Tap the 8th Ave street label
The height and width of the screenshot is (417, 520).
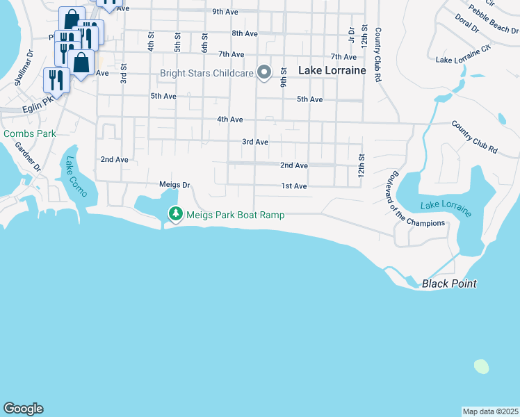pyautogui.click(x=245, y=33)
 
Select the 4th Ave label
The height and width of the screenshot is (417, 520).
pyautogui.click(x=229, y=120)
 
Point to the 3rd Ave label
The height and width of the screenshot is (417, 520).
pyautogui.click(x=255, y=142)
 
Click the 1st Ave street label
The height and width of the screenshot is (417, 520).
pyautogui.click(x=294, y=186)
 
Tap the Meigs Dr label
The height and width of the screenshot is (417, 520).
pyautogui.click(x=174, y=185)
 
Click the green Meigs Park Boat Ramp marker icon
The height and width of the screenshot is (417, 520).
pyautogui.click(x=176, y=214)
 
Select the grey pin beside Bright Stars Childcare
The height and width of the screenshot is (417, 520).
pyautogui.click(x=264, y=72)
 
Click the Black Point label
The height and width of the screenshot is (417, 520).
pyautogui.click(x=449, y=284)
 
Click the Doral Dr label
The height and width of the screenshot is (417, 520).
pyautogui.click(x=465, y=23)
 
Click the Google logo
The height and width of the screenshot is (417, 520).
pyautogui.click(x=23, y=409)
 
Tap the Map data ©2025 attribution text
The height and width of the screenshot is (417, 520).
pyautogui.click(x=489, y=411)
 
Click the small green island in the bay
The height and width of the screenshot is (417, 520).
pyautogui.click(x=481, y=366)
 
